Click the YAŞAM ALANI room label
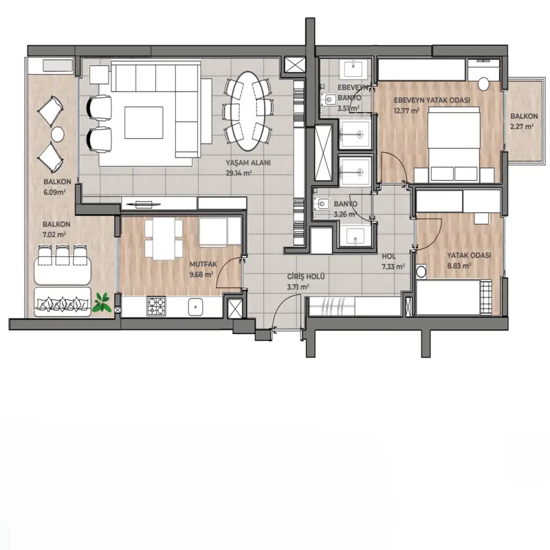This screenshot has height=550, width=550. click(x=248, y=163)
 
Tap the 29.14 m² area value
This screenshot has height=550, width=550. click(x=239, y=173)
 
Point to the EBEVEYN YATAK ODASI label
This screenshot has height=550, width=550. click(x=432, y=100)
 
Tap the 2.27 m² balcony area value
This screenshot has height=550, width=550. click(x=522, y=126)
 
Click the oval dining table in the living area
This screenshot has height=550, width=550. click(x=248, y=111)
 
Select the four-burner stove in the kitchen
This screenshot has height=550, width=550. click(x=156, y=307)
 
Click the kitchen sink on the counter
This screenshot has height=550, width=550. click(x=195, y=307)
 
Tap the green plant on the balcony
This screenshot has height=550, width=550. click(x=102, y=303)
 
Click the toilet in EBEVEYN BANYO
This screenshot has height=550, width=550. click(x=329, y=100)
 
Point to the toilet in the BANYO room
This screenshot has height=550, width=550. click(x=322, y=203)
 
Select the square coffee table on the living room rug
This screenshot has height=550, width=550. click(x=144, y=123)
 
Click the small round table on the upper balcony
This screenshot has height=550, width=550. click(x=57, y=133)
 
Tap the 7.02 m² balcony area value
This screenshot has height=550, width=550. click(x=54, y=234)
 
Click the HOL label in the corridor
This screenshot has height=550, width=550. click(x=388, y=256)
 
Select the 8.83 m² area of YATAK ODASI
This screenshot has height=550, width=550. click(x=459, y=265)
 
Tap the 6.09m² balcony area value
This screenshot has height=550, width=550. click(x=55, y=192)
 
